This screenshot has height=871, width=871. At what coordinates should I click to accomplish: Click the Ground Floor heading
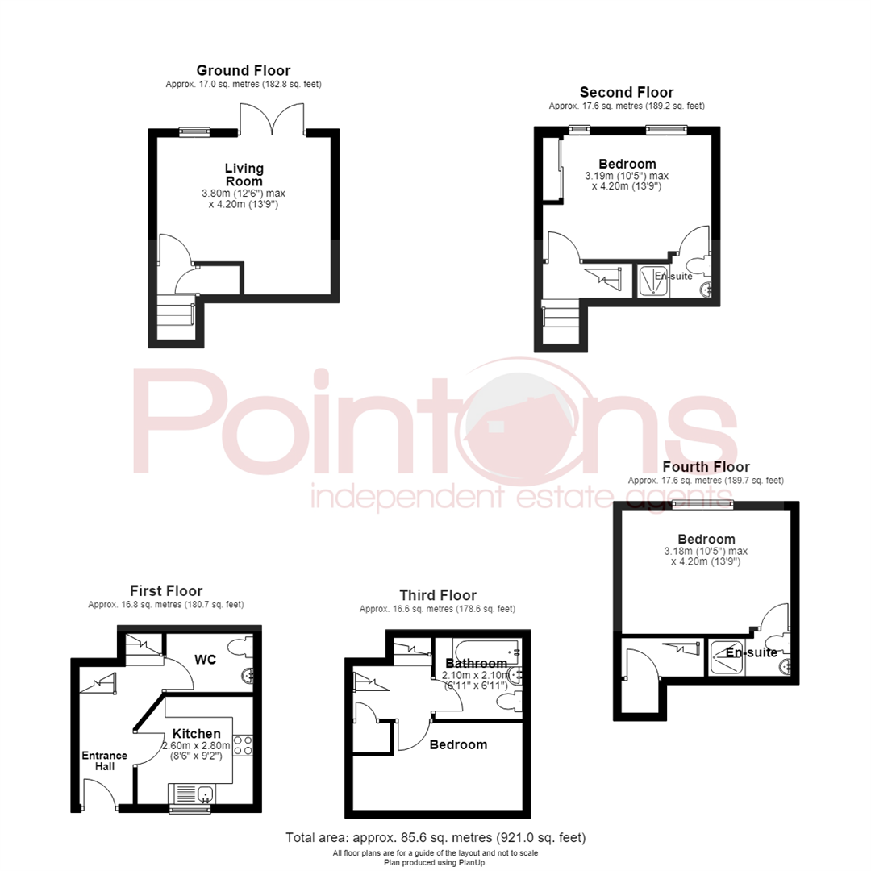tap(244, 70)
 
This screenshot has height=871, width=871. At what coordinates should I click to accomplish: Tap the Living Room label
tap(244, 174)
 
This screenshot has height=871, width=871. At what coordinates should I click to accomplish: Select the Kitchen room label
tap(197, 734)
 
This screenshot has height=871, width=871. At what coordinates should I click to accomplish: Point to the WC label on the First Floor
tap(205, 660)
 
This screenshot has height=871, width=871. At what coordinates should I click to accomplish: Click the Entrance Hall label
tap(104, 761)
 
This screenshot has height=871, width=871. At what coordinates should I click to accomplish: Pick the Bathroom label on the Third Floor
tap(477, 663)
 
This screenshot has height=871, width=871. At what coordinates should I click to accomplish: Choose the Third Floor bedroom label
tap(458, 744)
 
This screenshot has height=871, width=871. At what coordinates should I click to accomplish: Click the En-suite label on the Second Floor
tap(673, 276)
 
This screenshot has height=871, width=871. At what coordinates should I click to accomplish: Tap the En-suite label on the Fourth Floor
tap(752, 652)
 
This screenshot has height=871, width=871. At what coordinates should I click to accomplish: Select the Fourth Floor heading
tap(706, 467)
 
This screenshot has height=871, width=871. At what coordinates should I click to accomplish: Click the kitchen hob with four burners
tap(243, 745)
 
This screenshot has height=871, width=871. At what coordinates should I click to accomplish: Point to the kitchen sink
tap(192, 794)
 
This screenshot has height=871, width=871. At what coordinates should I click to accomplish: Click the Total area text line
tap(435, 837)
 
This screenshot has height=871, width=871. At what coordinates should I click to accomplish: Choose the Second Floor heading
tap(627, 92)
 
